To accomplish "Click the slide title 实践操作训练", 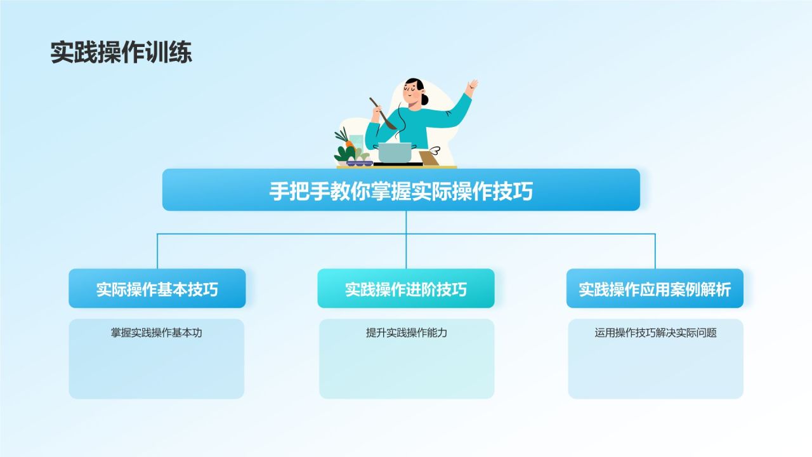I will coord(121,53).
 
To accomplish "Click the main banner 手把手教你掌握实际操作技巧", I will coord(401,190).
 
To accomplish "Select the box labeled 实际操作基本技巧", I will coord(157,289).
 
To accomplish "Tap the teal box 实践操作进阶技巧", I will coord(406,289).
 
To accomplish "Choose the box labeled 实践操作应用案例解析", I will coord(655,289).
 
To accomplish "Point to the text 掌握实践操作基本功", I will coord(157,333).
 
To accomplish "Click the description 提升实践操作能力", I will coord(406,333).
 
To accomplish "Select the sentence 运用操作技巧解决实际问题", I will coord(655,333).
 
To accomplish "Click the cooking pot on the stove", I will coord(395,153).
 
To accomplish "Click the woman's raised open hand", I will coord(471,86).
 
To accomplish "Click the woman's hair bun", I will coord(424,99).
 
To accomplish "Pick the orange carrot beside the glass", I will coord(349,144).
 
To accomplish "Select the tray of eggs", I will coord(358,162).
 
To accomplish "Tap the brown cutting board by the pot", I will coord(429,158).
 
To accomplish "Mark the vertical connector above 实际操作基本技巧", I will coord(157,251).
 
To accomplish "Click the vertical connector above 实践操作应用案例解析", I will coord(655,251).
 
